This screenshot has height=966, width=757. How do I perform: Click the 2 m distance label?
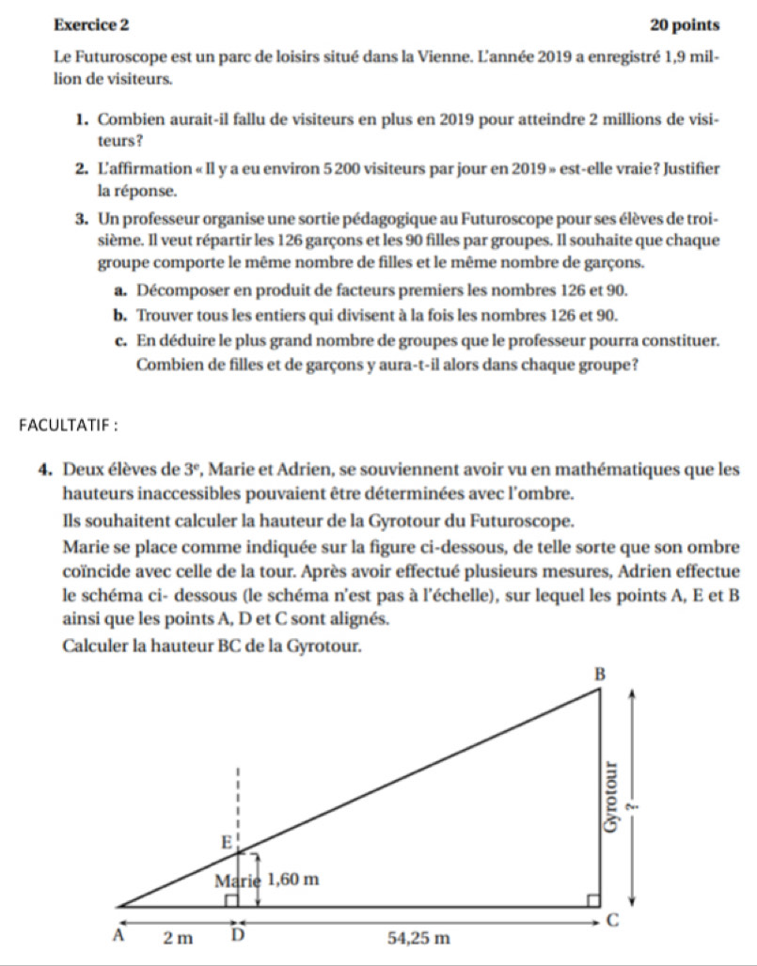[x=178, y=936]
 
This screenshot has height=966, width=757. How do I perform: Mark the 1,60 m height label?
[x=295, y=880]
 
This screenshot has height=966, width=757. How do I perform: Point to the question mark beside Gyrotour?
[x=632, y=802]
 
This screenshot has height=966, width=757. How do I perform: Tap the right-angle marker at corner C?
[x=592, y=901]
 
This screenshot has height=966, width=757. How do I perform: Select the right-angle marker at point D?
[x=230, y=901]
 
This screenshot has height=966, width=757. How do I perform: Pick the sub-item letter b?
[x=122, y=314]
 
